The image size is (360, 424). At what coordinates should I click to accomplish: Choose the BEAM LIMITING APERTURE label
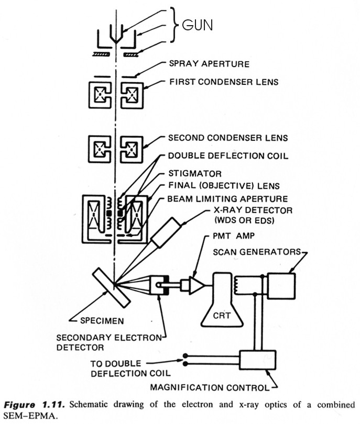[x=227, y=199]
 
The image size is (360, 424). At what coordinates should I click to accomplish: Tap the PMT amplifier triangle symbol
[x=195, y=286]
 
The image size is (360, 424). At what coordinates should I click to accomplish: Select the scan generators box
[x=281, y=285]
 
